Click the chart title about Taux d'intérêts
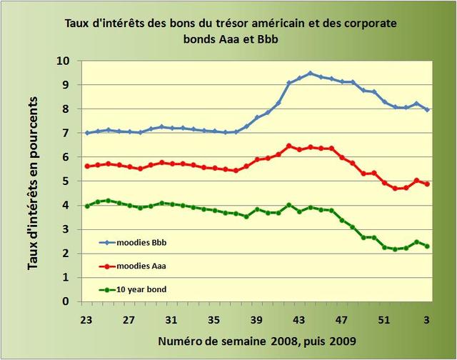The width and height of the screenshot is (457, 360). pos(231,31)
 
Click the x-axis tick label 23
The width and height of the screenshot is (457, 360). pos(87,319)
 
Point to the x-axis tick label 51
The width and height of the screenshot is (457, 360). pos(384,319)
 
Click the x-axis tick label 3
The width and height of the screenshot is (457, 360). pos(427,319)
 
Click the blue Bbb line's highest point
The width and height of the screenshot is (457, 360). pos(310,73)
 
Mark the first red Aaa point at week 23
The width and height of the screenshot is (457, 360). pos(87,166)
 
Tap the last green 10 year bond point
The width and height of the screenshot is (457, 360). pos(427,246)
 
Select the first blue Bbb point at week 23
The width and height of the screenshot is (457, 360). pos(87,133)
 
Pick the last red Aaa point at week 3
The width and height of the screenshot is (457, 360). pos(427,184)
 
